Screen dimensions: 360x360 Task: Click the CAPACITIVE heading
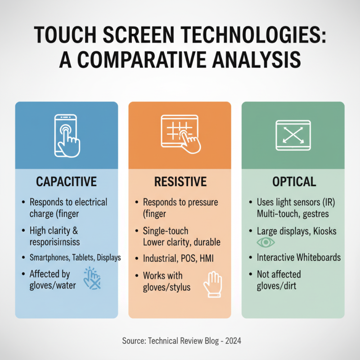click(66, 182)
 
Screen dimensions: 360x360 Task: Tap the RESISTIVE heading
click(180, 182)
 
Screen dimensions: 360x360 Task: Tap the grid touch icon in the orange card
click(180, 134)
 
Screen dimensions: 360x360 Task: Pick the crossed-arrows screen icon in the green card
click(293, 134)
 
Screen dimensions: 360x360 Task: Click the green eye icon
click(265, 243)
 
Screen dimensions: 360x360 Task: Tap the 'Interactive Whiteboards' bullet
click(299, 258)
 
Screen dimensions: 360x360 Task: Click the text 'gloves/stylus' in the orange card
click(166, 286)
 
